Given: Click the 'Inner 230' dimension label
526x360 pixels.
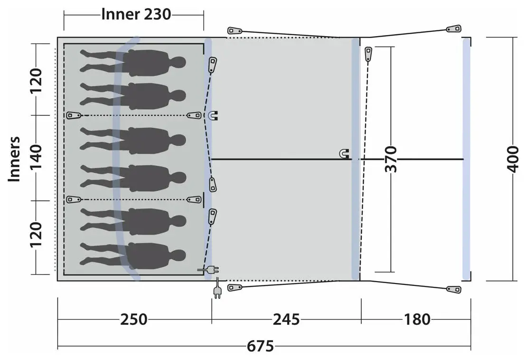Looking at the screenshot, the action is point(136,15).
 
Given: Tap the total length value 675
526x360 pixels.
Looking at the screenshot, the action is point(260,346).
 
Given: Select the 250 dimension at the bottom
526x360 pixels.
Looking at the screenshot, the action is point(133,320).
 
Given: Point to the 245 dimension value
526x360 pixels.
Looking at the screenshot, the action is point(286,320).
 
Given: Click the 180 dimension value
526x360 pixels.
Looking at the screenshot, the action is point(417,320).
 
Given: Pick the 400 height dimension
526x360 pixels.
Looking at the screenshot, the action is point(513,159).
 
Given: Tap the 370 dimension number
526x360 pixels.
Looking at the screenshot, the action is point(391,159).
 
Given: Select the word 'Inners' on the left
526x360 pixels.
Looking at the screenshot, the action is point(14,159).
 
